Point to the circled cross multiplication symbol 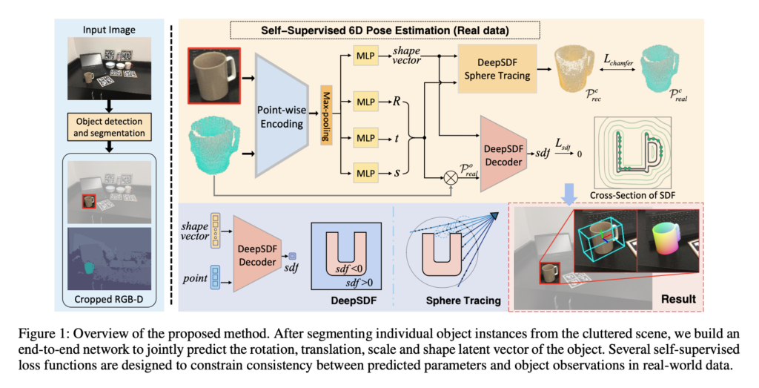pos(449,178)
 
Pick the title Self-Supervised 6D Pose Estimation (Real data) pos(385,30)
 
